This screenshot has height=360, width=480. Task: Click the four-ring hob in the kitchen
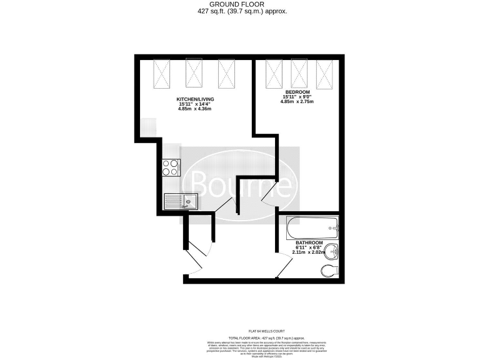[171, 167]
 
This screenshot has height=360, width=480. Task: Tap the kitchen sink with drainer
[181, 201]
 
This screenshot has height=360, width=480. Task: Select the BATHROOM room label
[309, 242]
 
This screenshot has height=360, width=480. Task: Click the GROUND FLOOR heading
[240, 4]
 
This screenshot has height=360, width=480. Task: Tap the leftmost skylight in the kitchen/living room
[164, 72]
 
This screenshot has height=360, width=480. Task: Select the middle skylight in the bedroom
[299, 73]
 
